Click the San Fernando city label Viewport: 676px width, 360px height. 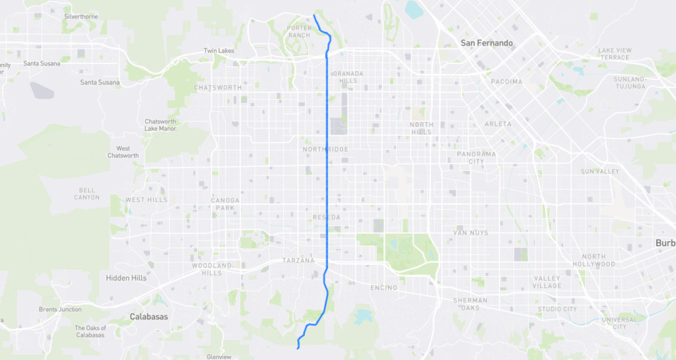487,43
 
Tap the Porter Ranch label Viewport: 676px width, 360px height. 299,31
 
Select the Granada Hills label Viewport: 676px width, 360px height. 345,77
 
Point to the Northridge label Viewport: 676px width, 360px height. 325,149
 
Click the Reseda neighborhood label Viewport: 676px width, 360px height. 326,217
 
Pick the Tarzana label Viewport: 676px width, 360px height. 298,260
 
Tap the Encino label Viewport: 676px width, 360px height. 384,287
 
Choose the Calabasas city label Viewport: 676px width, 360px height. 149,316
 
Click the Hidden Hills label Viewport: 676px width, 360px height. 126,278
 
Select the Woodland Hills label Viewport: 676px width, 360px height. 211,269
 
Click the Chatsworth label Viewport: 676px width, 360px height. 218,87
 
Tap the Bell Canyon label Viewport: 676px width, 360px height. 86,194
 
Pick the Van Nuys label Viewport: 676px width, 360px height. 470,233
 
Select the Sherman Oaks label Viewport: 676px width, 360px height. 470,304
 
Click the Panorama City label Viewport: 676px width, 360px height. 476,157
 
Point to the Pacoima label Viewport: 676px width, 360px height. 506,81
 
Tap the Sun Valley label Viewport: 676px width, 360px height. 599,172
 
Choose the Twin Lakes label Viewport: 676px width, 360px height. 219,51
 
